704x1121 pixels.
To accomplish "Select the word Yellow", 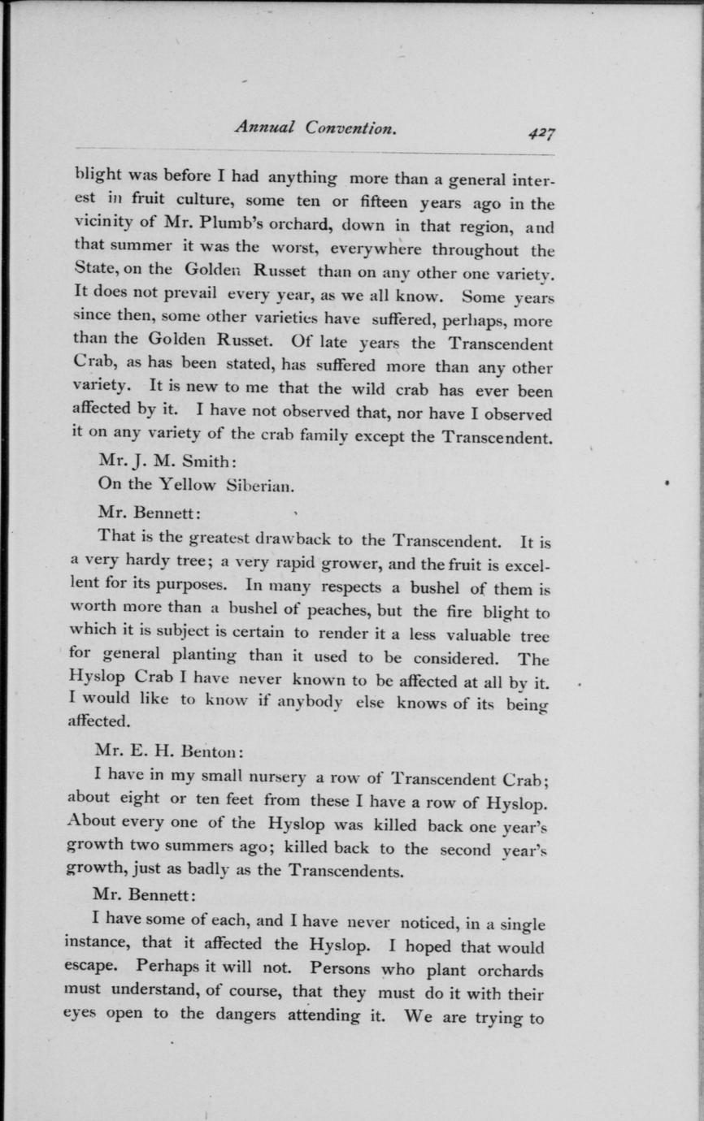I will (x=188, y=486).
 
